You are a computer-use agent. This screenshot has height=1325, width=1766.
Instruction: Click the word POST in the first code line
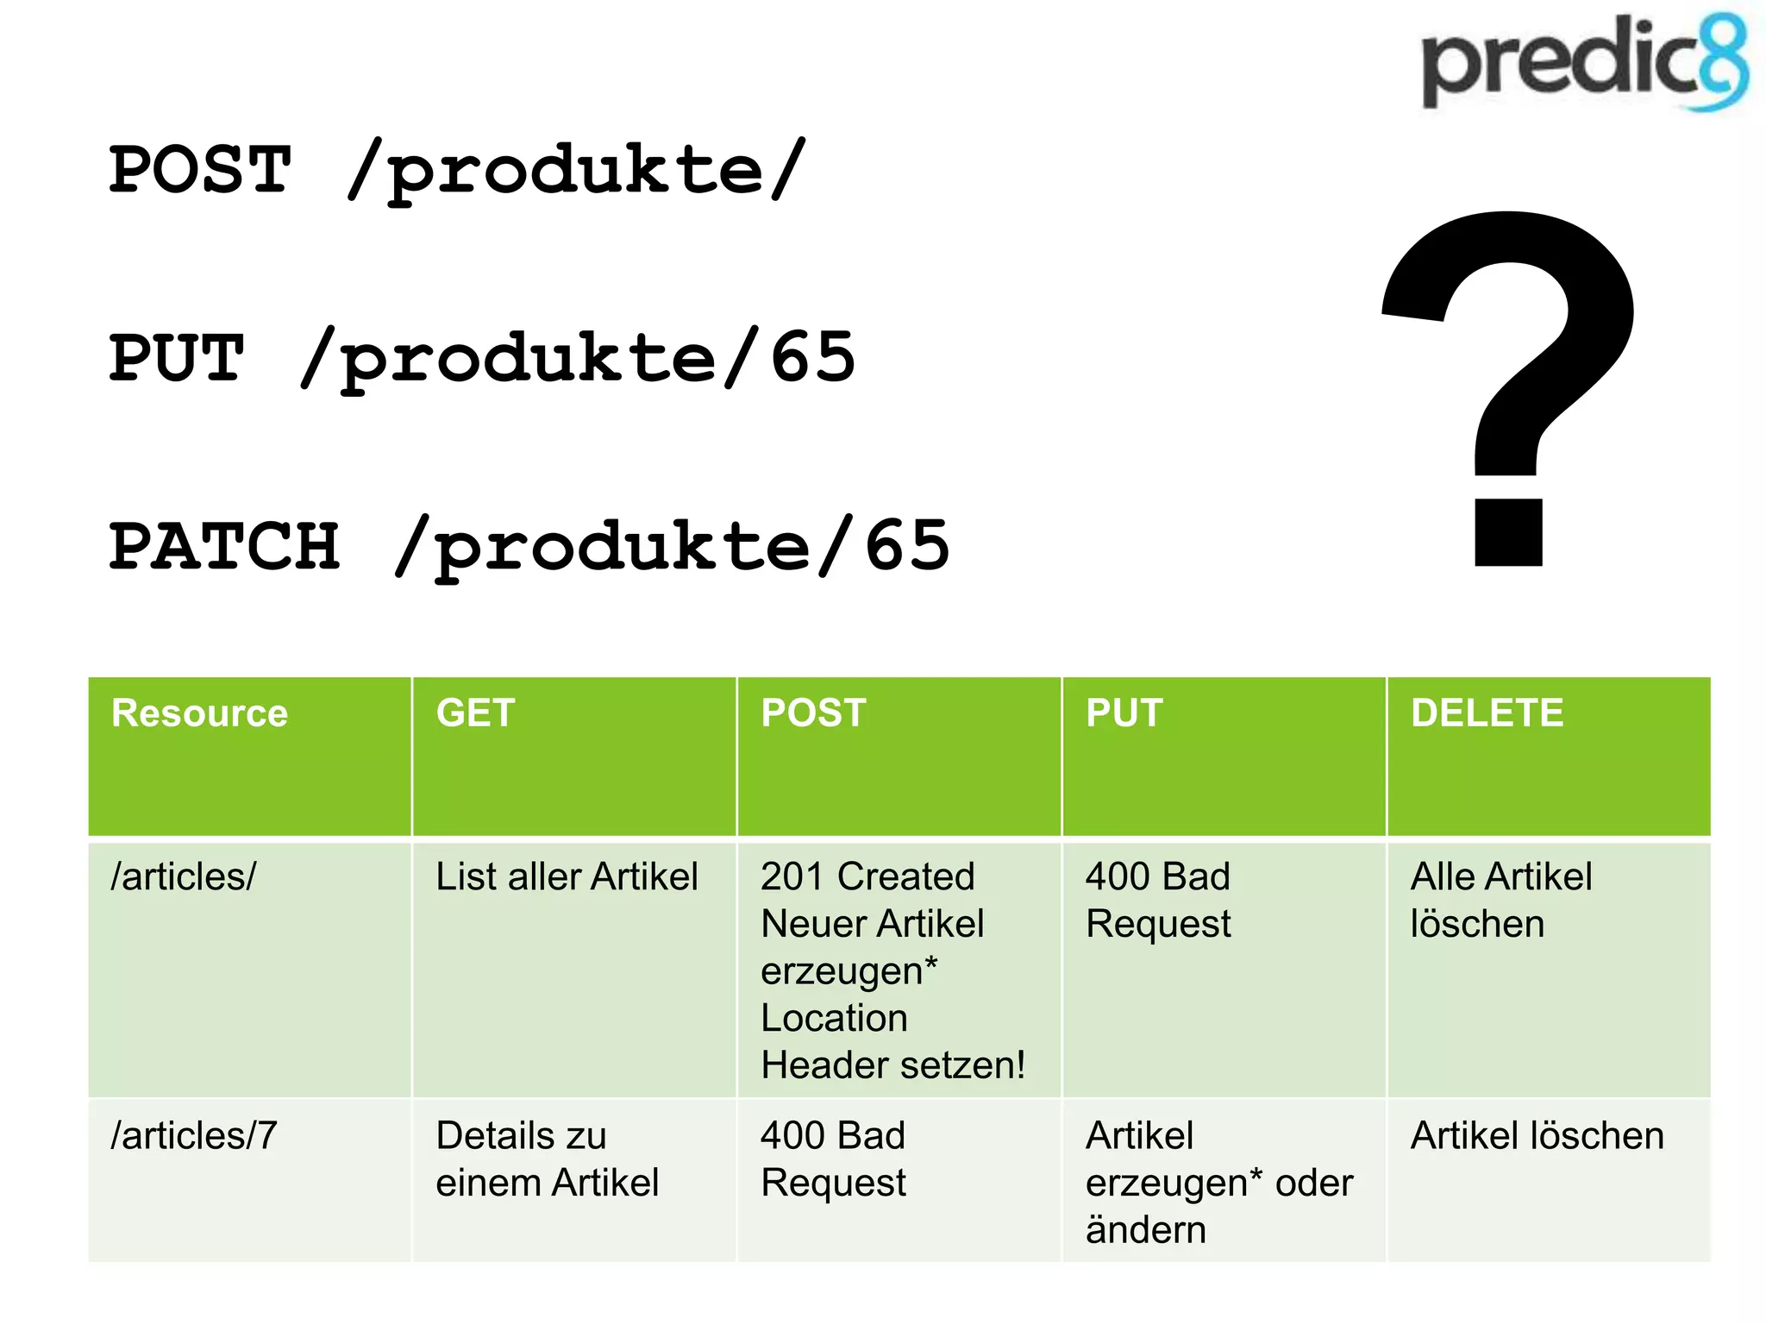(200, 170)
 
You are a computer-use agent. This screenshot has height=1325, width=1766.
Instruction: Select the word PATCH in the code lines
(224, 547)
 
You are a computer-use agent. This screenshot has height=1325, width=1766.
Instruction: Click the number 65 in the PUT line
(812, 358)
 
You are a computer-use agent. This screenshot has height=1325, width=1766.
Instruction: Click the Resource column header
(199, 713)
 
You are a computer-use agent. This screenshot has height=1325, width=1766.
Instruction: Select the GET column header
(475, 713)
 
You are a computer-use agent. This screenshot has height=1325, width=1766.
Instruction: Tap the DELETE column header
(1487, 713)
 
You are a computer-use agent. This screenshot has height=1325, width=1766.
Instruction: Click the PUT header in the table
(1124, 713)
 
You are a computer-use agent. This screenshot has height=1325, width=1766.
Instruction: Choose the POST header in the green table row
(813, 713)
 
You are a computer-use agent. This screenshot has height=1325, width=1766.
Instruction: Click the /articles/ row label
(184, 876)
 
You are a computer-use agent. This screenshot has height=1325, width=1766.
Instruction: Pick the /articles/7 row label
(194, 1136)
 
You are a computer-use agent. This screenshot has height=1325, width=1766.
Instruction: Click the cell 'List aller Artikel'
(567, 876)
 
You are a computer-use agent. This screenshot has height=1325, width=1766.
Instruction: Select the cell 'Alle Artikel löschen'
(1500, 900)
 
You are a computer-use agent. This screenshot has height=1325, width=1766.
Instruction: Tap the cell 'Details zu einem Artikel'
(547, 1159)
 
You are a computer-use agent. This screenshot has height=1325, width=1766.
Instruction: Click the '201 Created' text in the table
(867, 876)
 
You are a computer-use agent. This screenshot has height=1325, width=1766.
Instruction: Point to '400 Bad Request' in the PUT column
(1157, 900)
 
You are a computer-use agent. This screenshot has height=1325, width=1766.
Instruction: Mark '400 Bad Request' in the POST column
(833, 1159)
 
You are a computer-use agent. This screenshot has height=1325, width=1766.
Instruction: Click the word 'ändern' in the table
(1145, 1229)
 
